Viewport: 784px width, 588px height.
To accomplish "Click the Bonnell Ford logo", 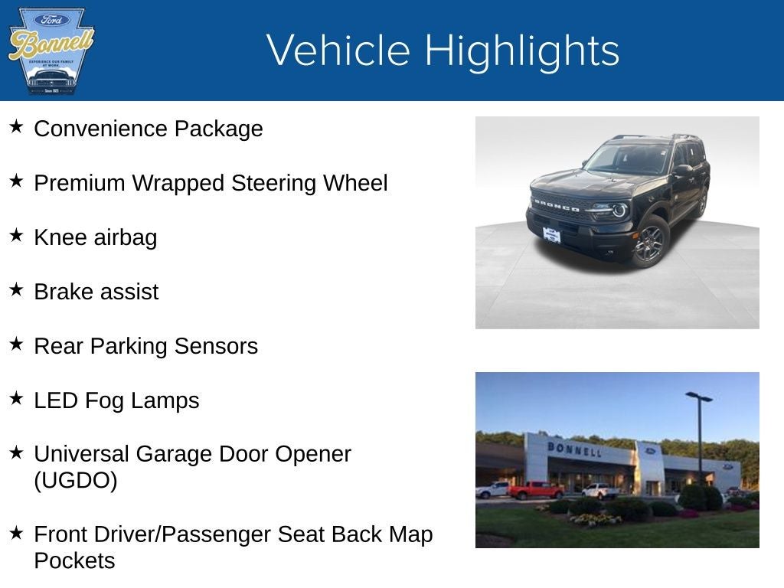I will click(x=51, y=51).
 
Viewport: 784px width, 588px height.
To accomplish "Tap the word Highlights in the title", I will click(x=522, y=51).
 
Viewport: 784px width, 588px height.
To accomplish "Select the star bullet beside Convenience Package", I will click(x=16, y=127).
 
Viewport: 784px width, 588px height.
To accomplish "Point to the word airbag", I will click(x=126, y=237).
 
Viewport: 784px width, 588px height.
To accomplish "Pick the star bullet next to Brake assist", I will click(x=16, y=290).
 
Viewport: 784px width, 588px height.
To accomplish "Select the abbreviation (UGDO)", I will click(x=75, y=482).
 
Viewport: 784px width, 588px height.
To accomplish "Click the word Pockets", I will click(x=74, y=560).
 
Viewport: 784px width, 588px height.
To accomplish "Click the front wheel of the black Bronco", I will click(x=650, y=242).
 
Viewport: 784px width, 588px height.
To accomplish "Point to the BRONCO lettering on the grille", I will click(x=557, y=205).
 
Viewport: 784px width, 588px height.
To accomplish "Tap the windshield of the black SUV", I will click(x=627, y=159).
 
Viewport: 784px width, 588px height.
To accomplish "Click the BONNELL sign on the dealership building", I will click(x=573, y=449).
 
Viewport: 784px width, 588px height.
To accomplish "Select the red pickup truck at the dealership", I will click(x=535, y=490).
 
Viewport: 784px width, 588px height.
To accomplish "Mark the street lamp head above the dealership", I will click(x=698, y=397).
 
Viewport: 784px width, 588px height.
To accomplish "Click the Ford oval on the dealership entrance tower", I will click(x=650, y=451).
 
